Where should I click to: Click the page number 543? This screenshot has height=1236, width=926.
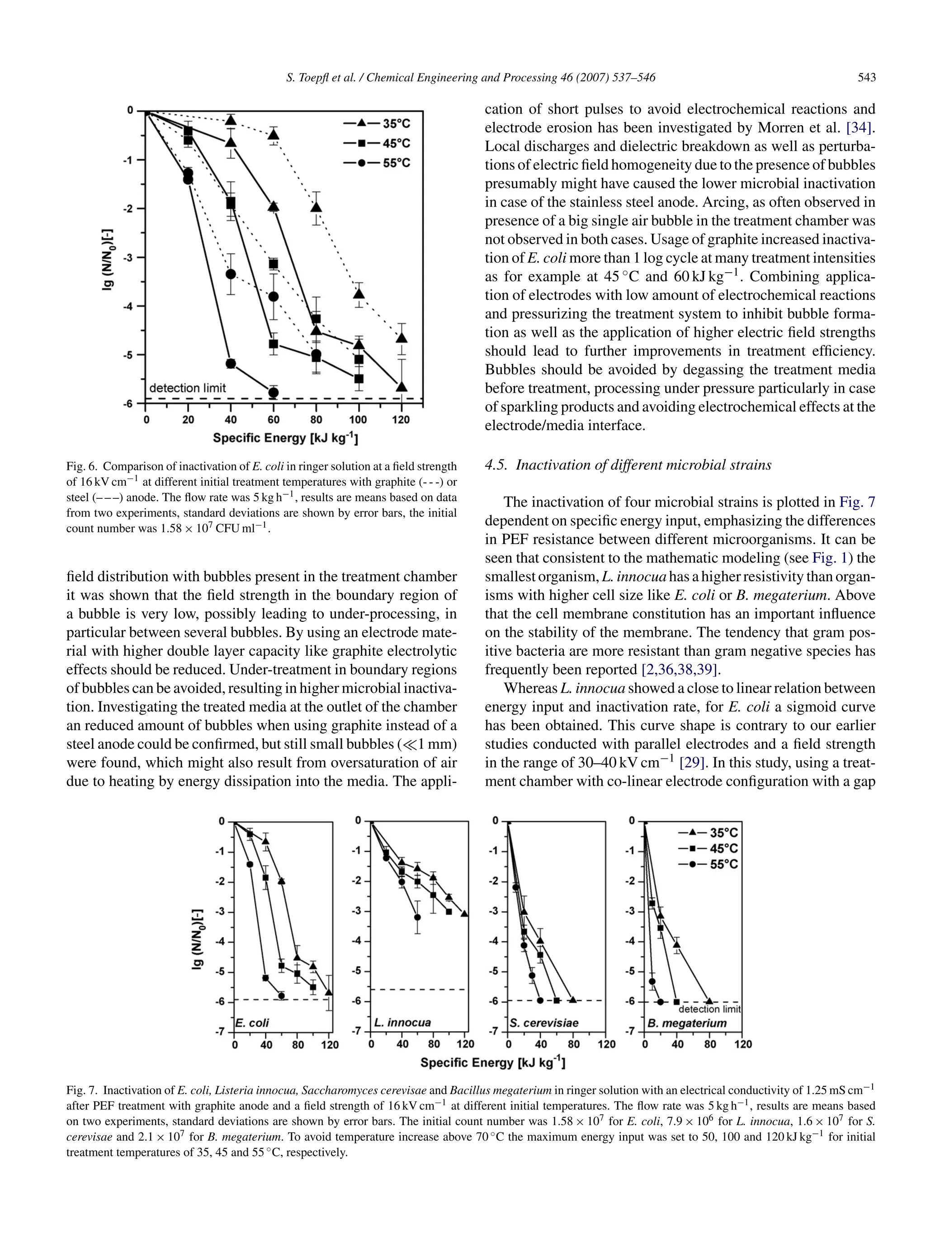tap(866, 78)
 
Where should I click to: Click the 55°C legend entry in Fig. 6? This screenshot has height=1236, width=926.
tap(377, 163)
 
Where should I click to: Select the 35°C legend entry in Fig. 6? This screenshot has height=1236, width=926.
tap(377, 123)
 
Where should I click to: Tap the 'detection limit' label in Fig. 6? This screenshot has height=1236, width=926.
tap(188, 388)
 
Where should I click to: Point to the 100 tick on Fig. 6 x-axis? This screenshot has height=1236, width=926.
tap(358, 420)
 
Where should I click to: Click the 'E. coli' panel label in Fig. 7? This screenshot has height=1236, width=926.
tap(252, 1023)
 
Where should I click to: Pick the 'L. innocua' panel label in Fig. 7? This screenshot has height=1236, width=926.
tap(402, 1023)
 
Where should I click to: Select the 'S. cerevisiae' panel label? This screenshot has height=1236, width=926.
tap(544, 1023)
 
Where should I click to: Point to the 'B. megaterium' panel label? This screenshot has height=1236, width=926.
tap(687, 1023)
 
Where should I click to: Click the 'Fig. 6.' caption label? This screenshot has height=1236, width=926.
tap(83, 466)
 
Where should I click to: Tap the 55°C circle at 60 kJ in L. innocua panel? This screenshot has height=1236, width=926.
tap(417, 917)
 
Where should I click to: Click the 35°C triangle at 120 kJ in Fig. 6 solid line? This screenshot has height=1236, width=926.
tap(401, 387)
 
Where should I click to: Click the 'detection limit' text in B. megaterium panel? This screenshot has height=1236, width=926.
tap(709, 1009)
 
